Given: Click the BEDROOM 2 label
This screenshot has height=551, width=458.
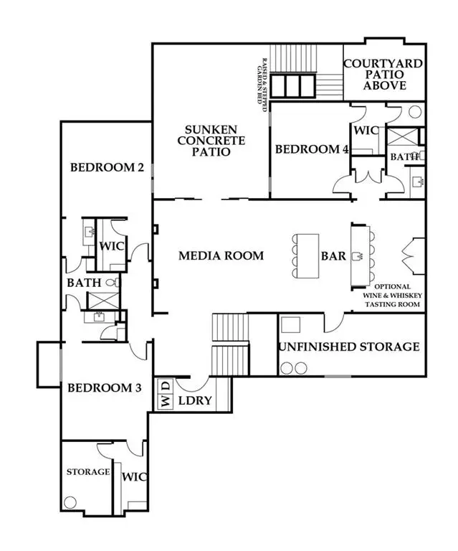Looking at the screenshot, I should [x=107, y=168].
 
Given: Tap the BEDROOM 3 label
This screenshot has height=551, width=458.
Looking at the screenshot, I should [x=105, y=388].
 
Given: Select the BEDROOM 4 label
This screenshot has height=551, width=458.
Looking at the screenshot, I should [x=312, y=149].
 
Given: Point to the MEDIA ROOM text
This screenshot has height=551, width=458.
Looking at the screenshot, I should [x=221, y=255].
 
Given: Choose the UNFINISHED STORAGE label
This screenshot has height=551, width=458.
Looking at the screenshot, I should [x=349, y=347].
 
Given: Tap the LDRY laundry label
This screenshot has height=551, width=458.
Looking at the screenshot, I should [x=195, y=400].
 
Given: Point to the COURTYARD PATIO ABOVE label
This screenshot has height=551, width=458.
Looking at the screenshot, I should [x=383, y=74].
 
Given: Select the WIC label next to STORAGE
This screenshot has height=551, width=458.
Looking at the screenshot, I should [x=135, y=476].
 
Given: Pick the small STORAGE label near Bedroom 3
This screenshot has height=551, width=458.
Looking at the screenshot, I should [x=88, y=471].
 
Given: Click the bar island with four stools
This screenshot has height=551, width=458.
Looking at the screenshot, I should [x=307, y=255].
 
